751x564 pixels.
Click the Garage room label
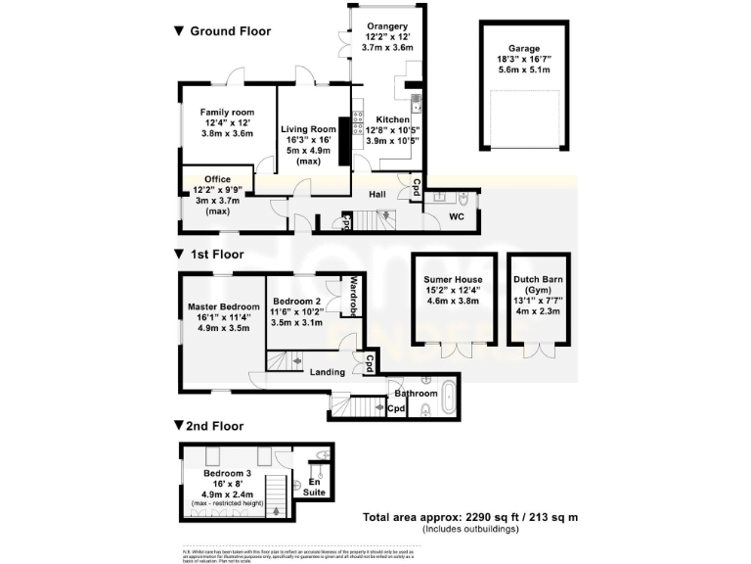coord(523,48)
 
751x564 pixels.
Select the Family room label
coord(227,113)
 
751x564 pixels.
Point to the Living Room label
coord(308,129)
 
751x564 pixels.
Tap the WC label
coord(456,216)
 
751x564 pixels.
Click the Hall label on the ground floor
coord(378,195)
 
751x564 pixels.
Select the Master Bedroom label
coord(224,306)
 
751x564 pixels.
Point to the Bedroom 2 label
coord(297,302)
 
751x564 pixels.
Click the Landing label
coord(327,372)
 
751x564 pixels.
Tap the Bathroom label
coord(417,393)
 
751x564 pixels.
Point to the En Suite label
coord(314,488)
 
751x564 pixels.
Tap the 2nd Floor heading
coord(207,427)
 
